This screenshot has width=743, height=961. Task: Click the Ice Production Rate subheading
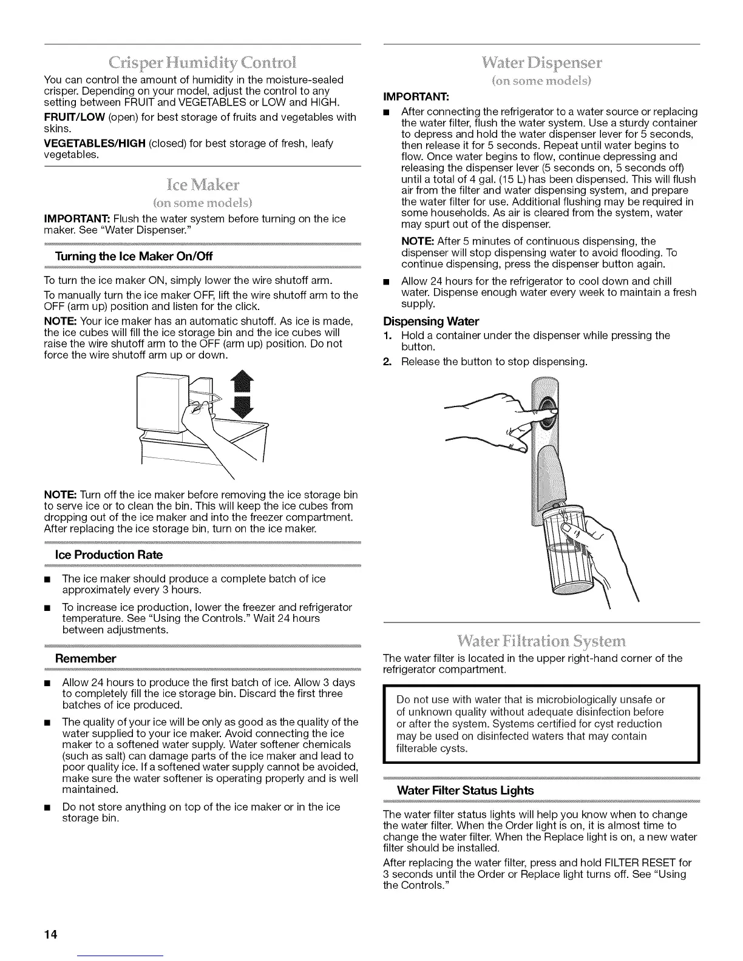pyautogui.click(x=109, y=555)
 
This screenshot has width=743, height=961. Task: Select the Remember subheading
pyautogui.click(x=85, y=658)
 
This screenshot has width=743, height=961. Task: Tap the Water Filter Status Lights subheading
pyautogui.click(x=465, y=790)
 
